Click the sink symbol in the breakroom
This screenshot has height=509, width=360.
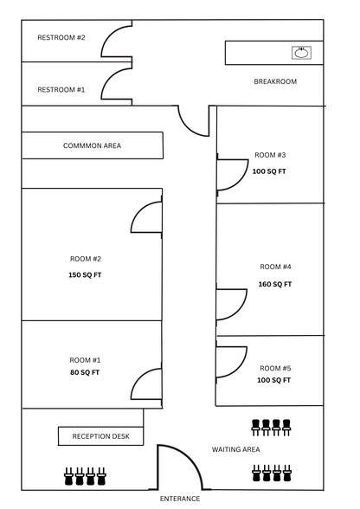point(301,53)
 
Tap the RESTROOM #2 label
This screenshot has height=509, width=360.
point(61,38)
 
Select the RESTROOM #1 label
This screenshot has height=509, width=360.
point(61,90)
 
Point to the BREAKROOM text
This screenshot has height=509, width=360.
point(275,81)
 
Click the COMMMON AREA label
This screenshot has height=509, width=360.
point(93,145)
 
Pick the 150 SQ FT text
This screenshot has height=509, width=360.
point(85,275)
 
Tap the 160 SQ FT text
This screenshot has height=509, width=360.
point(275,284)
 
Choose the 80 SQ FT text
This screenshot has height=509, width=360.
point(85,372)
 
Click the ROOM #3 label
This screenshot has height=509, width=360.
point(270,155)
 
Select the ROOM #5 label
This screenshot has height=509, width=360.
point(275,368)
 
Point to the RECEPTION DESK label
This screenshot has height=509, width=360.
point(101,436)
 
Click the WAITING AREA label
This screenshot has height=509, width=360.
point(236,449)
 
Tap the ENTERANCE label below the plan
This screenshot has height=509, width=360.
point(180,499)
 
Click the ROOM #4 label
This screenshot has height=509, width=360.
point(275,267)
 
